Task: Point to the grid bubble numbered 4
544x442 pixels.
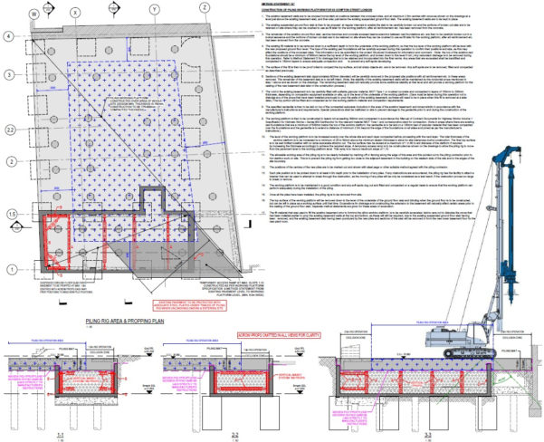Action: tap(10, 35)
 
